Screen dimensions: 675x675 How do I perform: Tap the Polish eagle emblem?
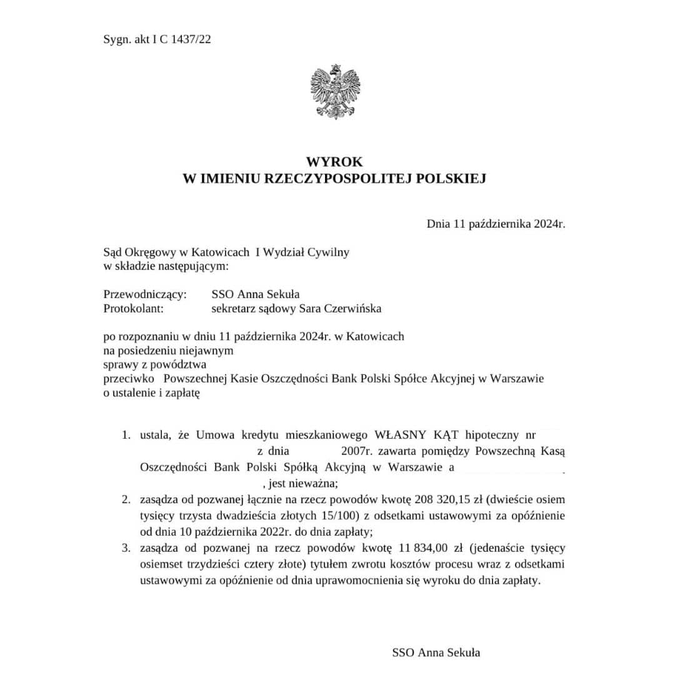336,92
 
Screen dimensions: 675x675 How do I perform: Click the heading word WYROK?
334,162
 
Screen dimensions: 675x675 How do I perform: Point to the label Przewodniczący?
144,295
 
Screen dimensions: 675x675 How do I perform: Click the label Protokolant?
133,308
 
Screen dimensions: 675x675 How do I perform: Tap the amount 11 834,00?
422,548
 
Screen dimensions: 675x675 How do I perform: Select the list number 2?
126,500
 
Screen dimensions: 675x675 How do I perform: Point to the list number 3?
126,548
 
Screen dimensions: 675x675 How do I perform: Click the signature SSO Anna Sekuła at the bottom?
436,652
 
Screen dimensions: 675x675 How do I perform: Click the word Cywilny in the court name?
329,252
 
